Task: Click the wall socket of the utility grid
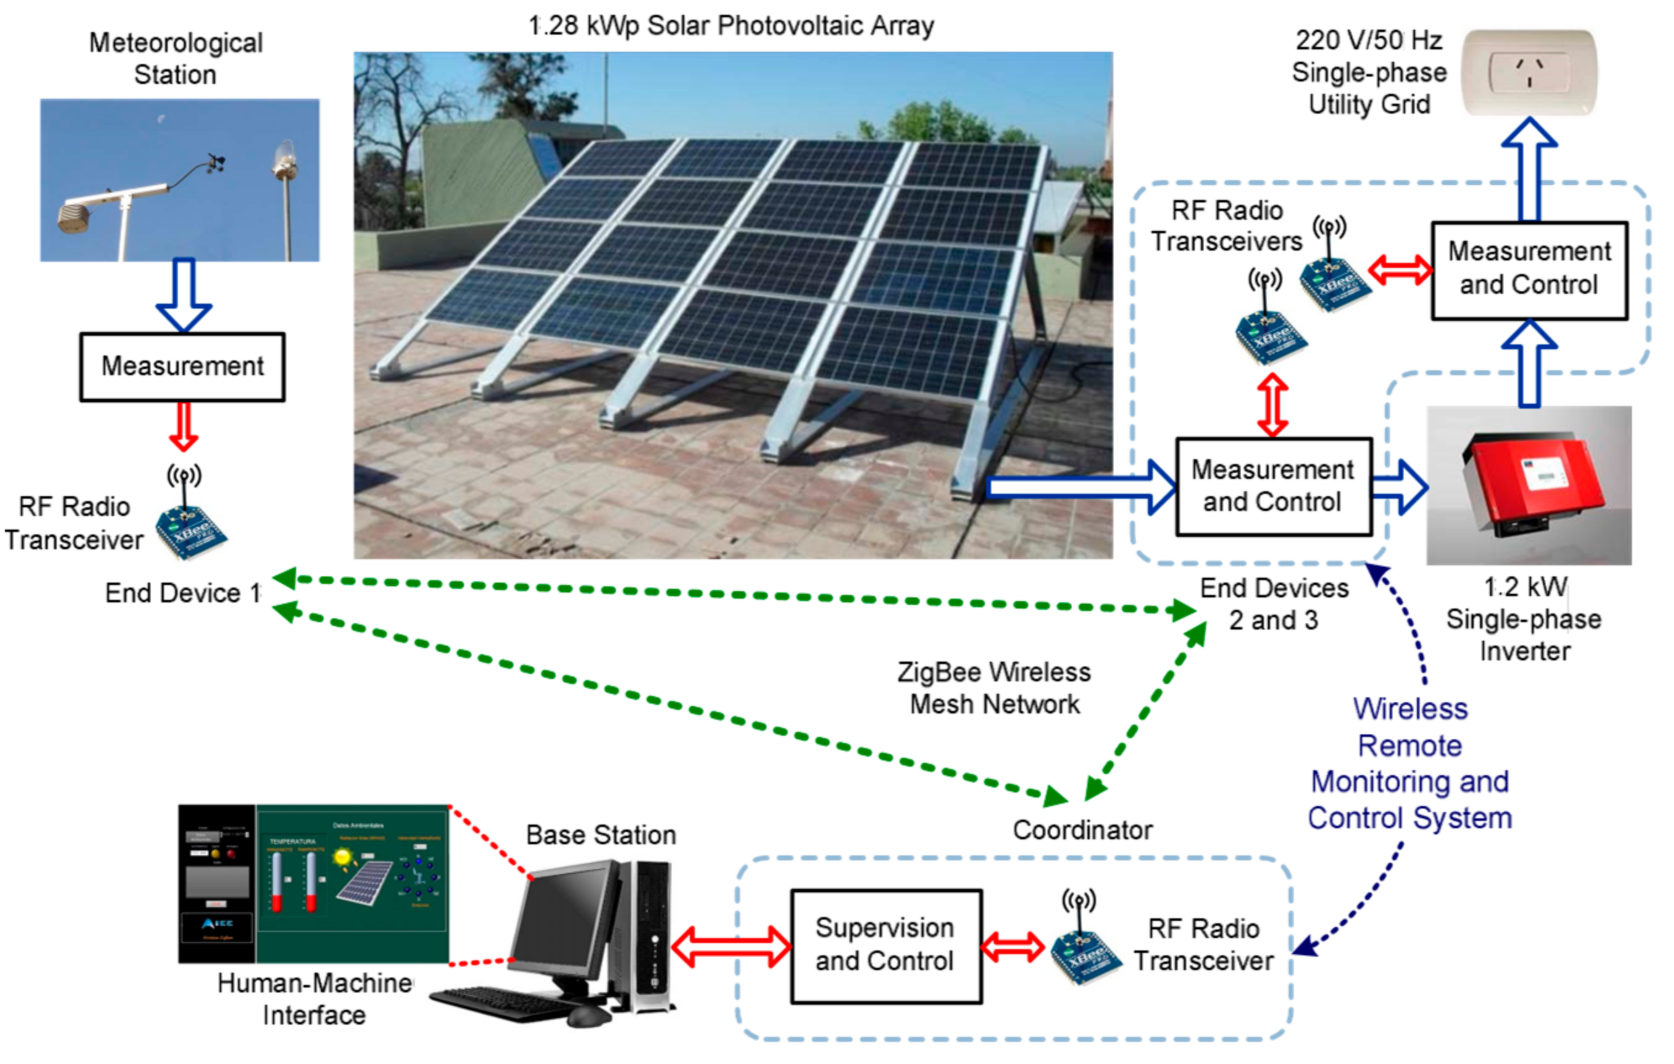(1529, 72)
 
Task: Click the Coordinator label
(1083, 830)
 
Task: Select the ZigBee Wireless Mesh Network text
(994, 688)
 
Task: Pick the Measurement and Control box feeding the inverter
(1273, 486)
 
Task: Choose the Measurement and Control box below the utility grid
(1529, 270)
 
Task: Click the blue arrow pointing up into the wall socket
(1529, 170)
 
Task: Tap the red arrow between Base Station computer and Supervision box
(731, 946)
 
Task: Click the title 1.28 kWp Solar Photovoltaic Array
(731, 26)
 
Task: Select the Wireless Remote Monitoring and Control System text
(1410, 763)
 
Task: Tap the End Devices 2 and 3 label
(1273, 604)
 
